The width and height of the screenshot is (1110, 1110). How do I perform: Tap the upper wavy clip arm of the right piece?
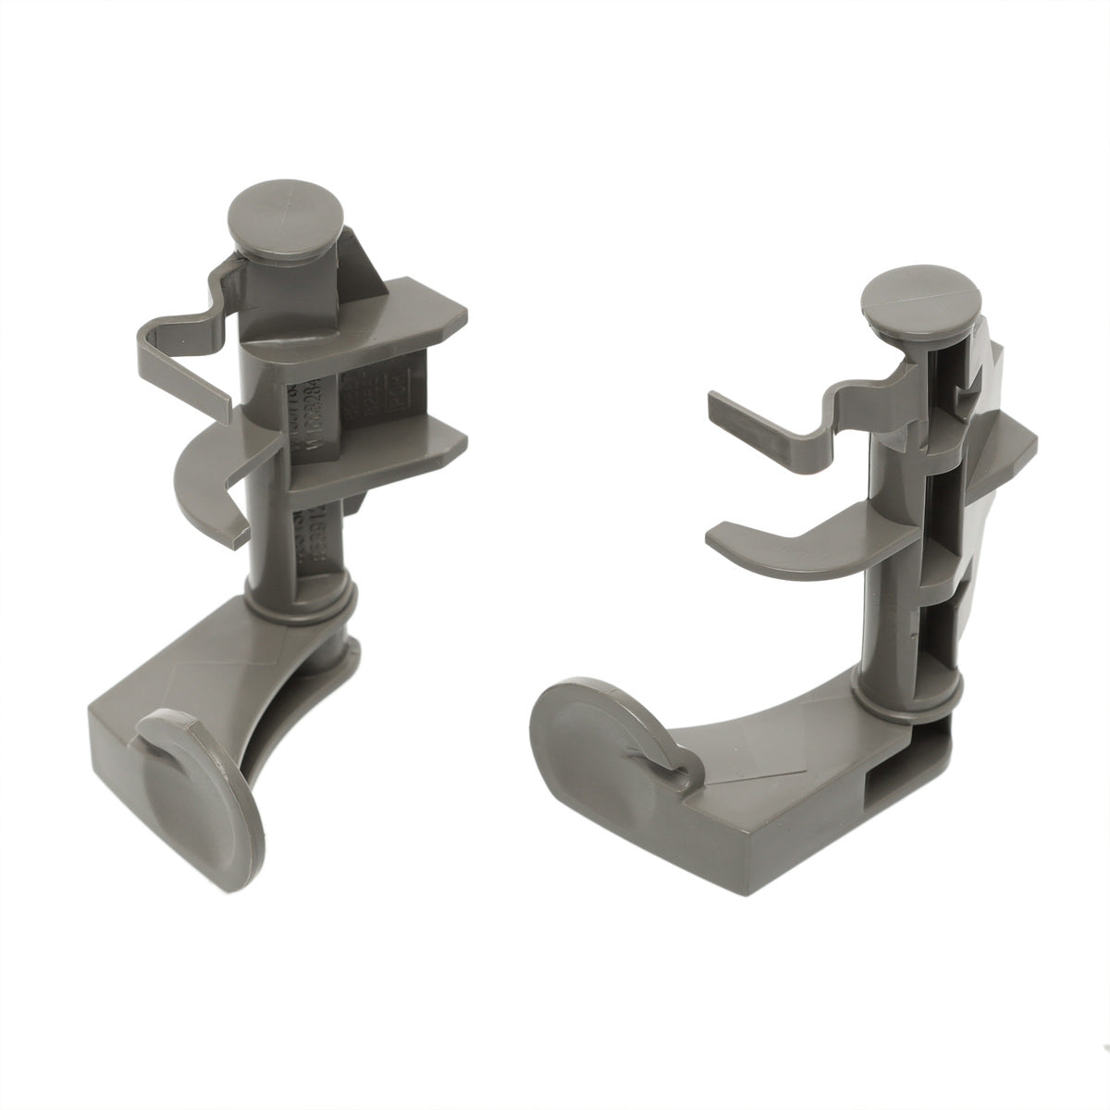pos(786,416)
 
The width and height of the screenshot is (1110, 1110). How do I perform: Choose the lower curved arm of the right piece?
pos(795,546)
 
